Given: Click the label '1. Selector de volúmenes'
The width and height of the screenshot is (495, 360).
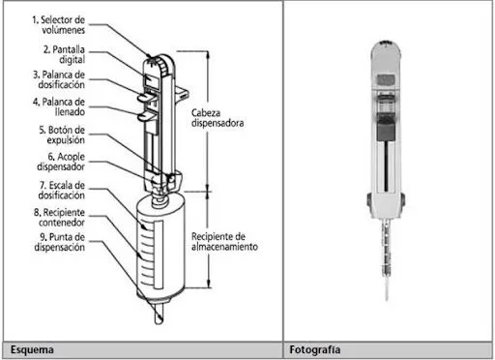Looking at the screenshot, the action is tap(59, 25).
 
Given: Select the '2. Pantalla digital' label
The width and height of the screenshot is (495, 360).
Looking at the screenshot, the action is tap(64, 54).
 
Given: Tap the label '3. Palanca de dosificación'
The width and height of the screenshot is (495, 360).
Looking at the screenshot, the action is tap(59, 79).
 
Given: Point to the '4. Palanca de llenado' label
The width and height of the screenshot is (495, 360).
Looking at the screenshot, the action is tap(59, 106).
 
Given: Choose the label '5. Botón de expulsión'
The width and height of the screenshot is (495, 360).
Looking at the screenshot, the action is tap(62, 135).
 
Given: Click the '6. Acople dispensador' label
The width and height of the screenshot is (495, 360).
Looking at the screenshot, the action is tap(61, 162).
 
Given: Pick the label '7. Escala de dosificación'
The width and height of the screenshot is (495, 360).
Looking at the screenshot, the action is tap(62, 191).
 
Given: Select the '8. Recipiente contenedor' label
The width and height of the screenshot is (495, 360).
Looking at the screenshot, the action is tap(60, 218).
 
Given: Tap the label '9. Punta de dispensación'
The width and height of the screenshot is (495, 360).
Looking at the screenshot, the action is tap(60, 242).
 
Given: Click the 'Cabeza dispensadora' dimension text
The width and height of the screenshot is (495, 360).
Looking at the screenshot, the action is tap(218, 118).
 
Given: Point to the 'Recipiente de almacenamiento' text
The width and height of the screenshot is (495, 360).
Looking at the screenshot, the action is tap(224, 241).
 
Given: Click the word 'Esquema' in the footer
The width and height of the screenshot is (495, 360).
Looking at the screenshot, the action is tap(32, 349).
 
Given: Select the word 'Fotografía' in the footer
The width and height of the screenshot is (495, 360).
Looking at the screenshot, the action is tap(315, 349).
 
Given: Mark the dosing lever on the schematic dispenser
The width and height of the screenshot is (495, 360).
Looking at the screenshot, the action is tap(146, 96).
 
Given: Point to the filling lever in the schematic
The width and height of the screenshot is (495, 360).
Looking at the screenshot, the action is tap(146, 116).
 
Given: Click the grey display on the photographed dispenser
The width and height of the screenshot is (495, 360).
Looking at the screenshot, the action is tap(386, 79).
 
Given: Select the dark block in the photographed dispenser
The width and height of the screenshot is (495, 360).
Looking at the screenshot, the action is tap(386, 127).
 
